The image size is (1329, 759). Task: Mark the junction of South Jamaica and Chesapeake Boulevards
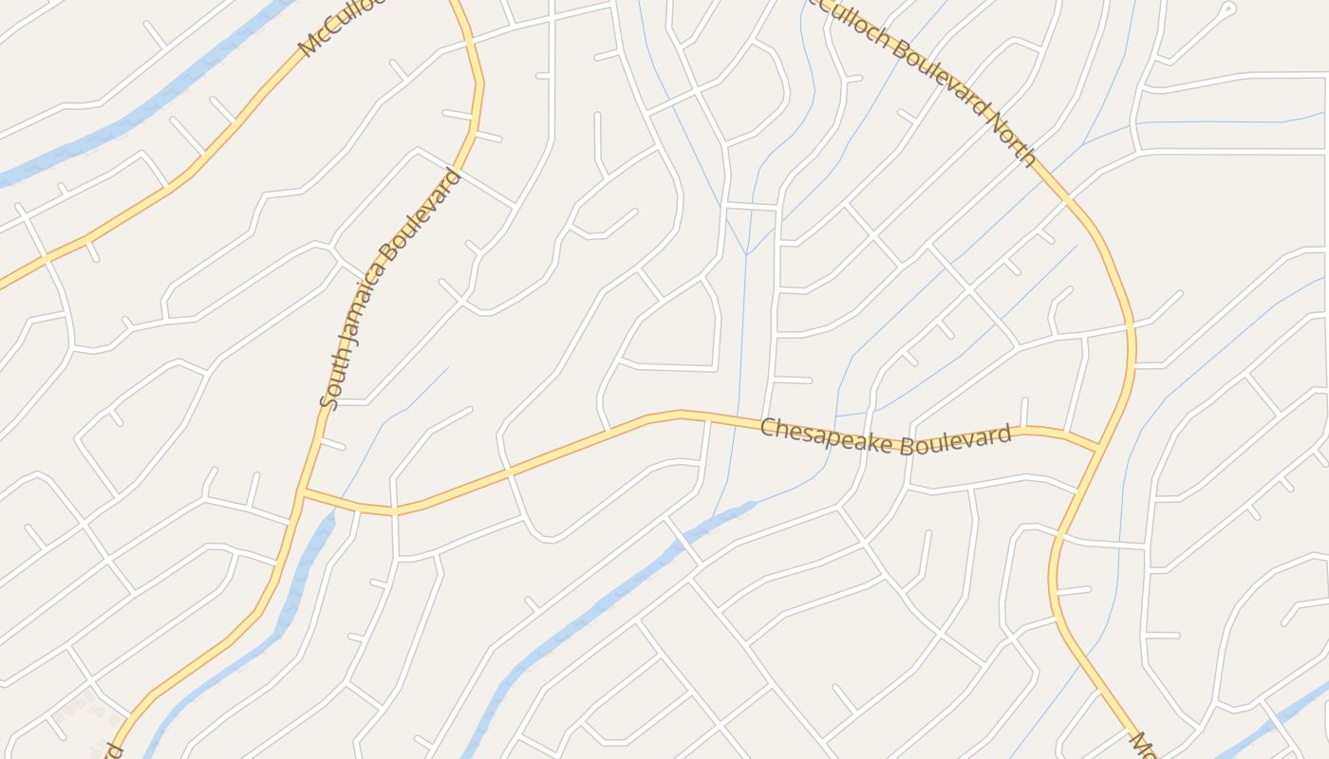point(302,492)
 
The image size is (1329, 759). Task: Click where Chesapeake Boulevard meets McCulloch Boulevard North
point(1099,447)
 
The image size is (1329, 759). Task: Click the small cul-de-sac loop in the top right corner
point(1228,9)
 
